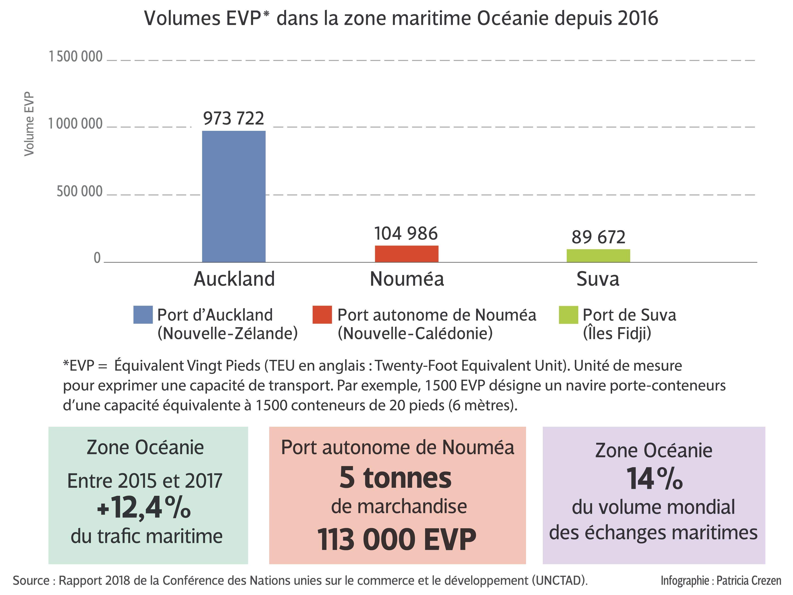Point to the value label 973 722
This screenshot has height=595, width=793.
pos(234,118)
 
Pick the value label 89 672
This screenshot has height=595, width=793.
pos(598,237)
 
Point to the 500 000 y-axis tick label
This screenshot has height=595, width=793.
pos(80,191)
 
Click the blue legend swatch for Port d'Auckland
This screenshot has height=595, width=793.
pos(143,315)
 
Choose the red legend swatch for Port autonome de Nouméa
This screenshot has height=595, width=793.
pos(322,315)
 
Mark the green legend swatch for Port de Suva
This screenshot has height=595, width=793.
pos(568,315)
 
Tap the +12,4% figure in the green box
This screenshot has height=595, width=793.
pos(144,508)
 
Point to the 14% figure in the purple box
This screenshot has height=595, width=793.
pos(654,479)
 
